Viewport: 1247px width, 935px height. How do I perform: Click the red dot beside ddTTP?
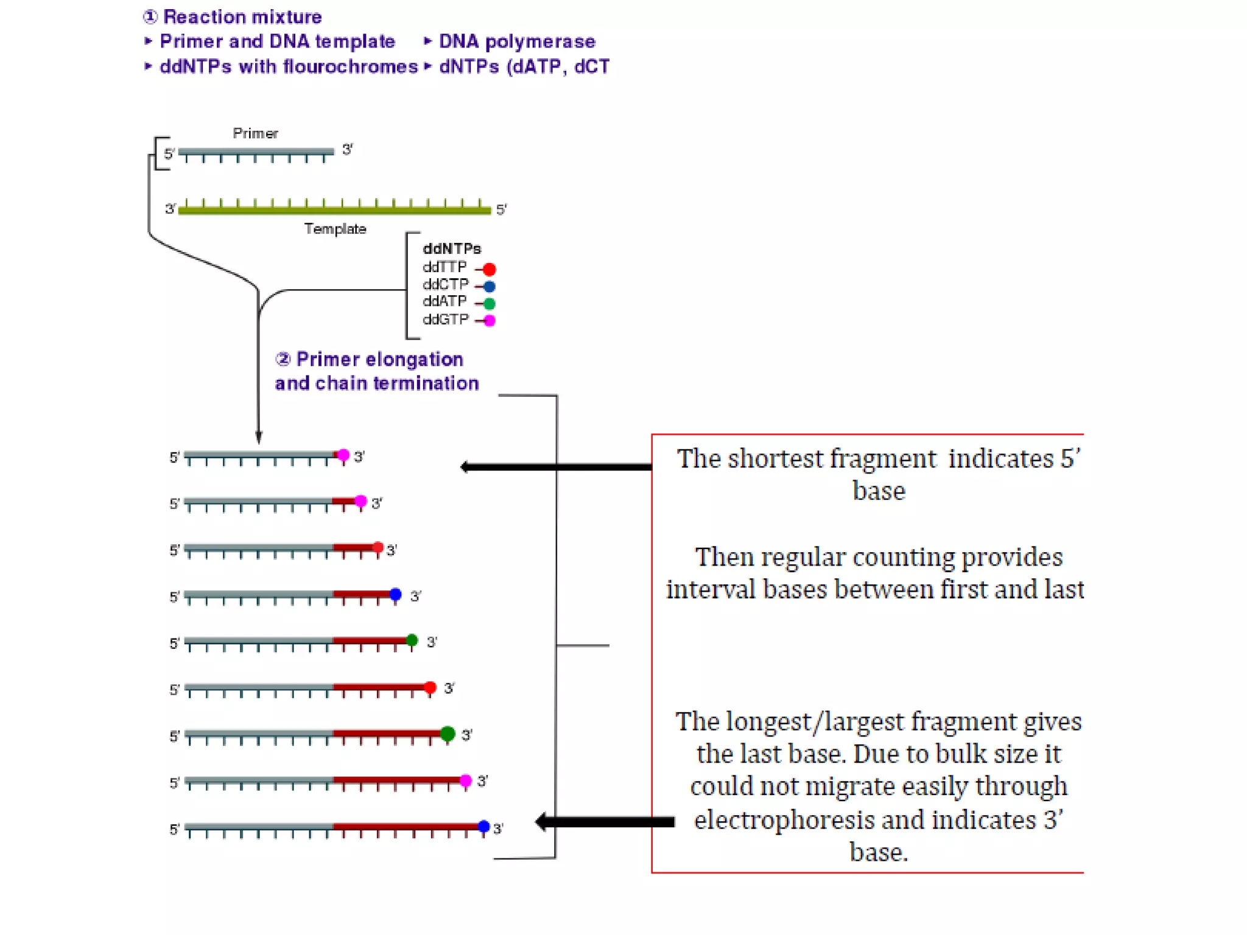489,269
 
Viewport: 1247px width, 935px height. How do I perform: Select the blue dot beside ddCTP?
489,286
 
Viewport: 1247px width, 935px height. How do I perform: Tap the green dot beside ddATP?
489,303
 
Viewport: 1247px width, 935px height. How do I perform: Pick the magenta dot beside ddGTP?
489,320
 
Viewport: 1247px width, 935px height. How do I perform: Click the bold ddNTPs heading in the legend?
452,248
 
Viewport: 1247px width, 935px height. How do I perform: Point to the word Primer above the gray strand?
255,133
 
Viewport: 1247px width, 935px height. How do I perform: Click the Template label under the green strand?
335,229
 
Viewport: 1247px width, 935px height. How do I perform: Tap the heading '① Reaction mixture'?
233,16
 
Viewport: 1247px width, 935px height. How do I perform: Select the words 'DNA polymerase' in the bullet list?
516,41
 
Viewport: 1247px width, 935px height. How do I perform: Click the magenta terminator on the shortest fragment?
343,455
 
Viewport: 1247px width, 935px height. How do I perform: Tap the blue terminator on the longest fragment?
483,826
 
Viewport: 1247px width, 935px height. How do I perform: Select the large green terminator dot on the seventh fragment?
448,734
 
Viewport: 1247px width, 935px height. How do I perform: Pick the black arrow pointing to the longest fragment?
605,822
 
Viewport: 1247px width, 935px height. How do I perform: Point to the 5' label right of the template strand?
501,209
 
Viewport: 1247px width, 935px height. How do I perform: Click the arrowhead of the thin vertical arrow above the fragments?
259,437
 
